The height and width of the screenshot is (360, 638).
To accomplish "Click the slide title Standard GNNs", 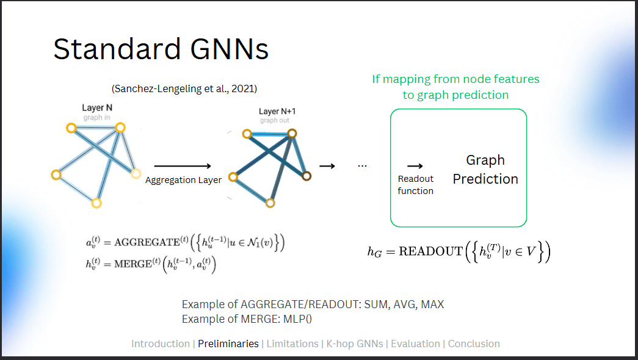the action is [x=161, y=49].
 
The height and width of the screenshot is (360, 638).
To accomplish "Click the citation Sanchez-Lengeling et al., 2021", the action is [x=184, y=88].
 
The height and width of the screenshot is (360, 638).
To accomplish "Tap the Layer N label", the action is [x=97, y=108].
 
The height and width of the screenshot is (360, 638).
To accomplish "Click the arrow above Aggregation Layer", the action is [x=182, y=166].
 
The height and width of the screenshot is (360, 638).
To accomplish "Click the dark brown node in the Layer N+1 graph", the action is [x=306, y=176].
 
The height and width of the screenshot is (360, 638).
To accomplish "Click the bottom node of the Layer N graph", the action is [x=96, y=203].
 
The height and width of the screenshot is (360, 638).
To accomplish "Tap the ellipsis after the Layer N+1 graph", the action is [x=363, y=166].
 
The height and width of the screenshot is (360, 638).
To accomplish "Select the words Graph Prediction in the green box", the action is [x=485, y=170].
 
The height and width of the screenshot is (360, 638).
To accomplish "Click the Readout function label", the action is [x=415, y=185].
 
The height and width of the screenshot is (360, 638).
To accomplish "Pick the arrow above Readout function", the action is [x=415, y=166].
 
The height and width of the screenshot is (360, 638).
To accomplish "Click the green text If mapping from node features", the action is [x=455, y=79].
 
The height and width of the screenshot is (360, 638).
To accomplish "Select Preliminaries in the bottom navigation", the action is [x=228, y=344].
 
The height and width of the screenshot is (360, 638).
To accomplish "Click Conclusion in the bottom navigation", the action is [x=474, y=344].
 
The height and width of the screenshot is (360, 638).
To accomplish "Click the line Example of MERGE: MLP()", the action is [x=251, y=319].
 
